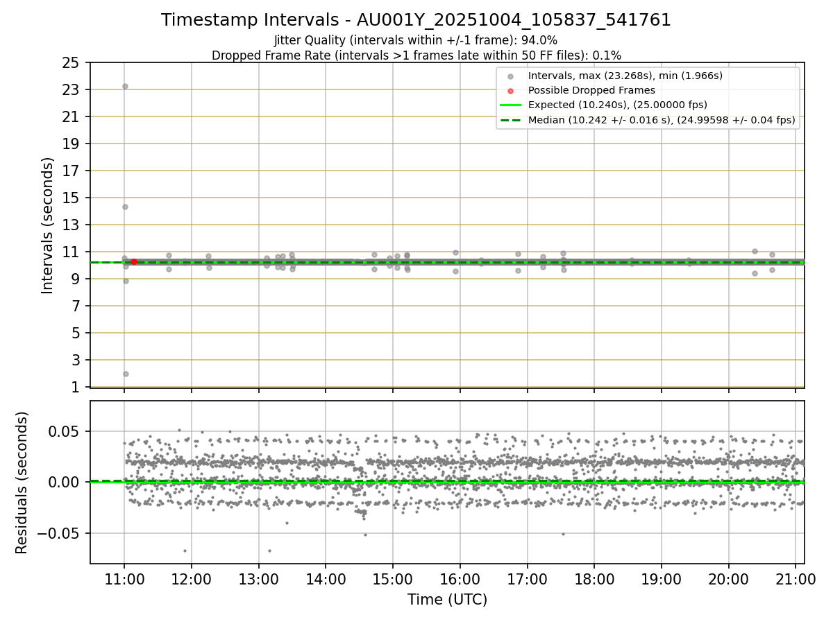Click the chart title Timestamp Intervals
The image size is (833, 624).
tap(416, 20)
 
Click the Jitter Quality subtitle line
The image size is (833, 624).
tap(416, 40)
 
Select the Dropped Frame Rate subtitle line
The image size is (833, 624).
tap(416, 55)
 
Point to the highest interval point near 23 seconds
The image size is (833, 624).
tap(125, 86)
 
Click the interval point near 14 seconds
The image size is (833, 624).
tap(125, 207)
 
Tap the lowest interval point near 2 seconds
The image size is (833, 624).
tap(126, 374)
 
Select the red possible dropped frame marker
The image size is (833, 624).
tap(134, 262)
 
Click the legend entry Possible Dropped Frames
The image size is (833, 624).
tap(591, 90)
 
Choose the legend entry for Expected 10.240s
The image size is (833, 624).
tap(617, 105)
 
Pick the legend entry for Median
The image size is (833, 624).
tap(661, 120)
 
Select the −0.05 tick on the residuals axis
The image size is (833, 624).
tap(62, 533)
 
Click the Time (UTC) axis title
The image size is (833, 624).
tap(447, 599)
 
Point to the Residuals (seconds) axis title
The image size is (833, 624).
tap(22, 483)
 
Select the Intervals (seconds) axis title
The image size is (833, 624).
tap(47, 225)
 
